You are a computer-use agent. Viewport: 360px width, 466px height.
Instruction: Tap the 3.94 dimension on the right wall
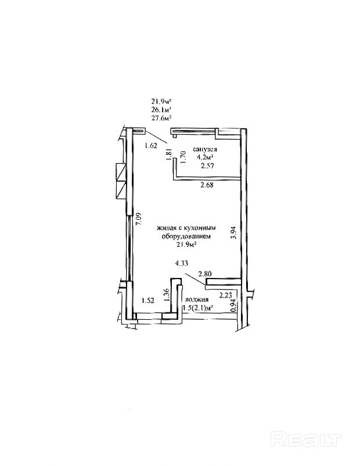[233, 233]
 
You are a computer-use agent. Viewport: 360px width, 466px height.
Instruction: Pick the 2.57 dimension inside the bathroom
[207, 167]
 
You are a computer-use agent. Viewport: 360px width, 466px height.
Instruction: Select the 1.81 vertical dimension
[168, 155]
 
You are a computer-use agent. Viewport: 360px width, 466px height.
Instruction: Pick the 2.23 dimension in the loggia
[226, 294]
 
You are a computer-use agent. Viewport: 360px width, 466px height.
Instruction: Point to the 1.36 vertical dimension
[165, 295]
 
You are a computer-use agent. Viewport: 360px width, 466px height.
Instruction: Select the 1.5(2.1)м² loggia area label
[198, 308]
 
